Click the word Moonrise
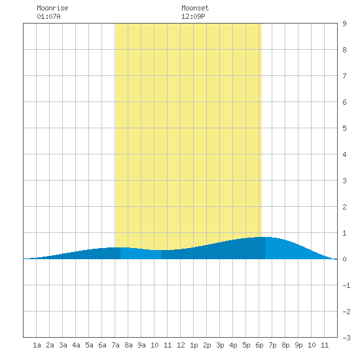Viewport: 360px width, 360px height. [x=52, y=8]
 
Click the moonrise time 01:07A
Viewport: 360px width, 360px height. [x=48, y=16]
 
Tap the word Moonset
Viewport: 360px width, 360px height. [x=195, y=8]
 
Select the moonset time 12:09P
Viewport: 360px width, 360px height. [x=193, y=16]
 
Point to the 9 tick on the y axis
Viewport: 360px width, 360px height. [x=344, y=24]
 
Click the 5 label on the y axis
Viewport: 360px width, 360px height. [x=344, y=128]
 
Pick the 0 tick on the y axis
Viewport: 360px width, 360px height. [x=344, y=259]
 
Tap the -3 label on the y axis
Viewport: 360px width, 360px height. [x=346, y=338]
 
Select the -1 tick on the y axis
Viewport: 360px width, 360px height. [x=346, y=285]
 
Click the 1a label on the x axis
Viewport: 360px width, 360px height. [x=37, y=345]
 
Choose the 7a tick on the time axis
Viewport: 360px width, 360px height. [x=115, y=345]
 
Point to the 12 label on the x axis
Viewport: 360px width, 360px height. [x=181, y=345]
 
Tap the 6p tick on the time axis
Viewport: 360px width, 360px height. [x=259, y=345]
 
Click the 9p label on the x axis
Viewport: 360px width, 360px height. [x=298, y=345]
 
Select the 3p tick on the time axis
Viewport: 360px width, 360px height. [x=220, y=345]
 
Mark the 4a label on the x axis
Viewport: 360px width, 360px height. [x=76, y=345]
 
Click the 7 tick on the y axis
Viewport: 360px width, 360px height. [x=344, y=76]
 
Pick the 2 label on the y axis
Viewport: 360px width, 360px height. [x=344, y=207]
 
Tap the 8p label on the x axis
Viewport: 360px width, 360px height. [x=285, y=345]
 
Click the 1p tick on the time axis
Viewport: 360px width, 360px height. [x=194, y=345]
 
